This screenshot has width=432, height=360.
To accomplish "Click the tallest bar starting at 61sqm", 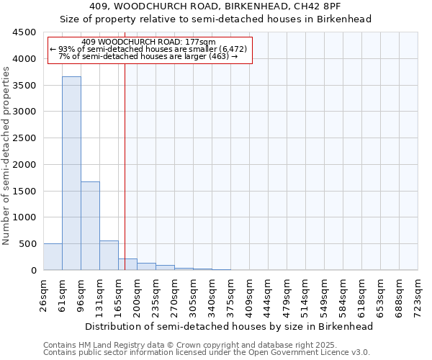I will tap(71, 173).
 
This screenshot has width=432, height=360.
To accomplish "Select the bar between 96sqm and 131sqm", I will tap(90, 225).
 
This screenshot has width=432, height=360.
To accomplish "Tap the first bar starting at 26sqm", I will tap(53, 256).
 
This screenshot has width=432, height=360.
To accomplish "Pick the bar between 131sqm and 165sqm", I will tap(109, 255).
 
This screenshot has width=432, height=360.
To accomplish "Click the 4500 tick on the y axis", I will tap(24, 32).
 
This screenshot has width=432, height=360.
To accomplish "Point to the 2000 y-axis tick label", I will tap(24, 164).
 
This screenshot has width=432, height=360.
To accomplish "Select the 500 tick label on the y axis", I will tap(27, 244).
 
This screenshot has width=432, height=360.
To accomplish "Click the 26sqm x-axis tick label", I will tap(43, 294).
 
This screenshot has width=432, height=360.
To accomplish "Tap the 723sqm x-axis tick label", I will tap(418, 294).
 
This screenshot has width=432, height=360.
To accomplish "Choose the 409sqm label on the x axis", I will tap(249, 294).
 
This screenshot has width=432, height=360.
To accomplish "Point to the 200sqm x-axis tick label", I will tap(137, 294).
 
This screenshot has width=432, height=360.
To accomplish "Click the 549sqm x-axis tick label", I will tap(324, 294).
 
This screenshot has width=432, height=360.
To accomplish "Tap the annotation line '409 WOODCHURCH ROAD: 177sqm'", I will tap(149, 42).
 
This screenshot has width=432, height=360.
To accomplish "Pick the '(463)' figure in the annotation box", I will tap(215, 56).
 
